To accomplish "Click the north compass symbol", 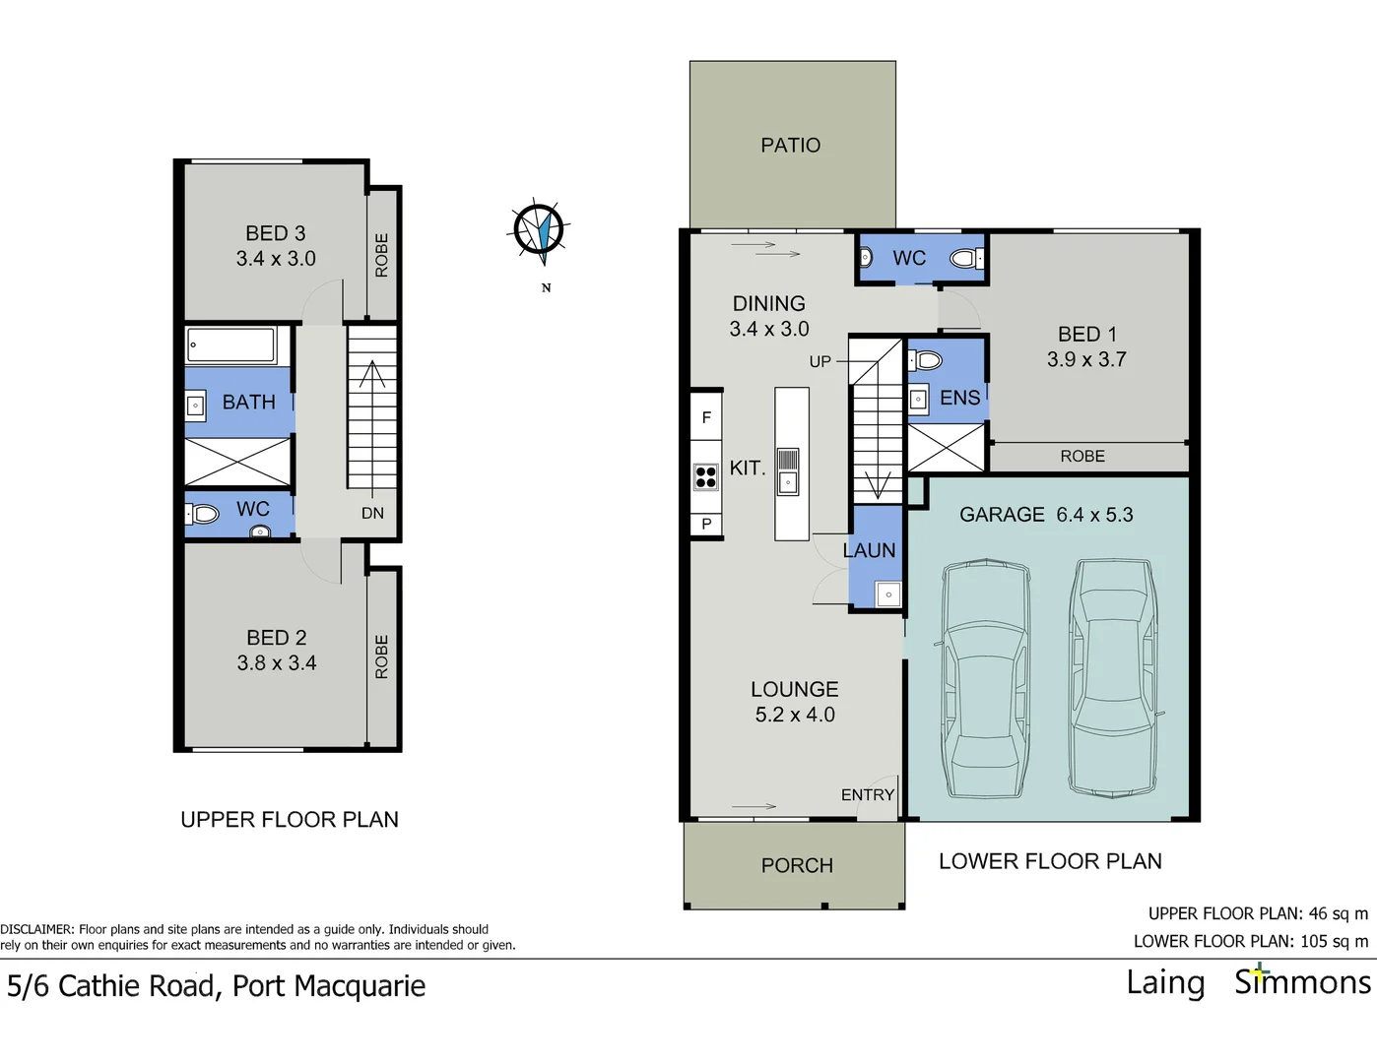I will coord(539,231).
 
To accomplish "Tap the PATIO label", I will coord(790,146).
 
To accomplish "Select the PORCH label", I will coord(797,865).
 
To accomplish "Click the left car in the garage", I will coord(986,679).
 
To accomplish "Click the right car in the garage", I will coord(1113,677).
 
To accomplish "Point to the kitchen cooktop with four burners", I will coord(706,477).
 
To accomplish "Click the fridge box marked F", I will coord(706,417).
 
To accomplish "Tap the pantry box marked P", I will coord(706,525).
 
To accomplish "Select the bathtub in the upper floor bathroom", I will coord(232,345).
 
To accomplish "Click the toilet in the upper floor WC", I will coord(204,513).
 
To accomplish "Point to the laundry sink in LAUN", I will coord(887,594).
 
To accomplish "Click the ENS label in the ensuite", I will coord(959,398).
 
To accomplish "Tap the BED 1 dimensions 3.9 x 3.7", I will coord(1086,360).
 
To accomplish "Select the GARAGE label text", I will coord(1002,515).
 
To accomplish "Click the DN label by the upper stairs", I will coord(372,513).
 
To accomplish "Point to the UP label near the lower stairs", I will coord(820,361).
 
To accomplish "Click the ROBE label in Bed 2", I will coord(382,657).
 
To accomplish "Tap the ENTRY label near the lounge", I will coord(867,794).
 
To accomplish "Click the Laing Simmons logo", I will coord(1248,982).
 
